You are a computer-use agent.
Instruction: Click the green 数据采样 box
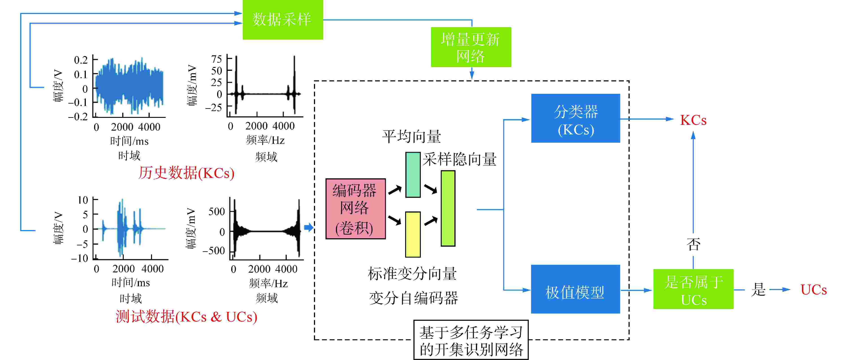tap(282, 20)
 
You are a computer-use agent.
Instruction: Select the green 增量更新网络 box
tap(471, 47)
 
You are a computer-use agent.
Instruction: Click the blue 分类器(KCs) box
tap(575, 118)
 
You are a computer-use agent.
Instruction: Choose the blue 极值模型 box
tap(575, 289)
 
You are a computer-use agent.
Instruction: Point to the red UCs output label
tap(813, 290)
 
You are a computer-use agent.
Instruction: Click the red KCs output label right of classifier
tap(693, 120)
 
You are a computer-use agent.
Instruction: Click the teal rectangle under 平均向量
tap(413, 175)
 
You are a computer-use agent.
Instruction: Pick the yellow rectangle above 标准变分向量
tap(413, 234)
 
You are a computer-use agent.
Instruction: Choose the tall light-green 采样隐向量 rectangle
tap(448, 208)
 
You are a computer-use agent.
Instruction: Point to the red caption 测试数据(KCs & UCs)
tap(186, 317)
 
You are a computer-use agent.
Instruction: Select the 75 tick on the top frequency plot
tap(217, 59)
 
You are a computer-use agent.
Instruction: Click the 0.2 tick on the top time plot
tap(81, 60)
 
